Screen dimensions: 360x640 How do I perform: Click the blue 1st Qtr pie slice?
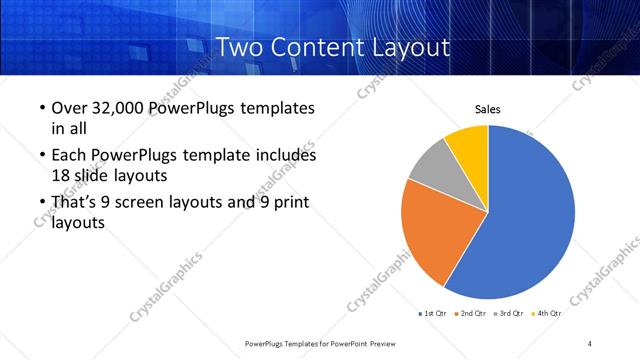(530, 215)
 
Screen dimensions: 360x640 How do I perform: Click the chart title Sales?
(487, 109)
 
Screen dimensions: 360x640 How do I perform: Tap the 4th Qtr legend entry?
(547, 314)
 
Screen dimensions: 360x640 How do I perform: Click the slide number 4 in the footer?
(590, 343)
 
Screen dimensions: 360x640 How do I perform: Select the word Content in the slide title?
(314, 47)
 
